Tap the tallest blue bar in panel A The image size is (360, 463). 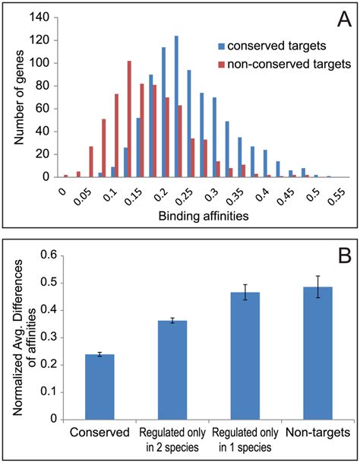coord(175,106)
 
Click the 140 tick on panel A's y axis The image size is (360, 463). coord(43,17)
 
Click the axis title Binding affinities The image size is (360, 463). coord(189,216)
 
